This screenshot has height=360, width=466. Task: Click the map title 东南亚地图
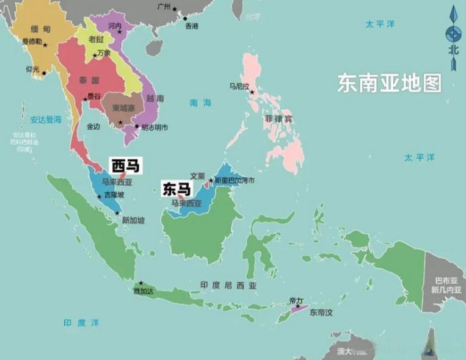pos(389,83)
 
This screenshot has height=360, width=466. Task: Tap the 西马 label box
pos(124,165)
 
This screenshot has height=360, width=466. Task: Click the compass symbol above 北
pos(453,34)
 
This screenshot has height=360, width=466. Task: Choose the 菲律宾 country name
pos(278,119)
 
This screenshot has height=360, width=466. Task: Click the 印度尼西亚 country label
pos(228,285)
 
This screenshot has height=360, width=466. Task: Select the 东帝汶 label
pos(322,312)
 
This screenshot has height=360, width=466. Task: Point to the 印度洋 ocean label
pos(81,322)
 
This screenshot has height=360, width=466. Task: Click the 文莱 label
pos(197,175)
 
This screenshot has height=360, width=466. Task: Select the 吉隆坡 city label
pos(114,195)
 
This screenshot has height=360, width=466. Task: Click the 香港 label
pos(191,26)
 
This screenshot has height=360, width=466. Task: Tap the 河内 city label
pos(114,26)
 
